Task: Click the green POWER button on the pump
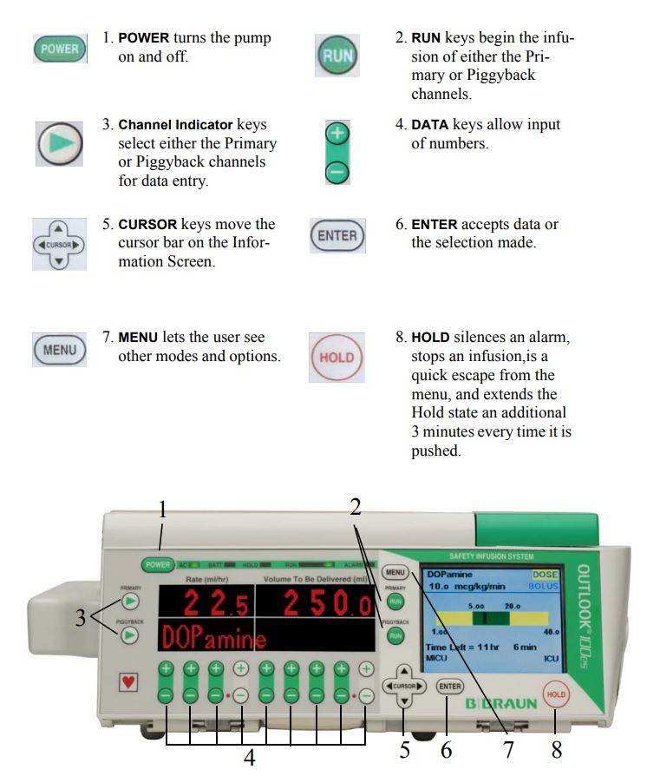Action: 158,564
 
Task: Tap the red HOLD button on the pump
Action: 556,694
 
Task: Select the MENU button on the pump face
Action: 396,572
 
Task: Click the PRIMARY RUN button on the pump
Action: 395,601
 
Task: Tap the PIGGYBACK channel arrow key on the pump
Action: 130,636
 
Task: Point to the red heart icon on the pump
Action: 128,682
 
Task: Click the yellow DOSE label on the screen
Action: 546,574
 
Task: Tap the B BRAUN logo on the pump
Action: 502,703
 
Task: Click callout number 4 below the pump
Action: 250,758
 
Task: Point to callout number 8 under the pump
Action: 556,749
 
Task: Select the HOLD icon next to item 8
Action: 337,357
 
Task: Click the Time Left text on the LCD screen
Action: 450,647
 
